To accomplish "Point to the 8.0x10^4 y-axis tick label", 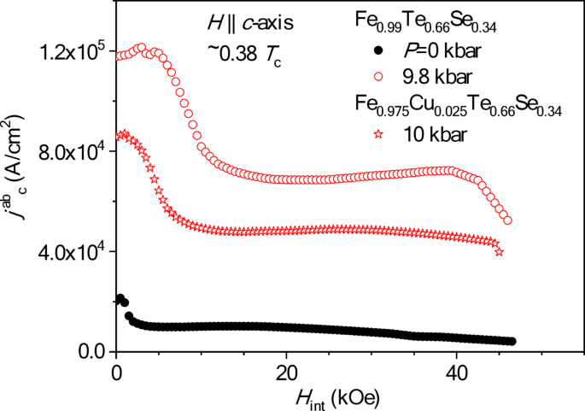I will coord(71,151).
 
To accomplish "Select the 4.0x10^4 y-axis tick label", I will coord(71,252).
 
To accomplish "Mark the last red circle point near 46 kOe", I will coord(508,220).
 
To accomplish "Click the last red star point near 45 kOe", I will coord(500,251).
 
